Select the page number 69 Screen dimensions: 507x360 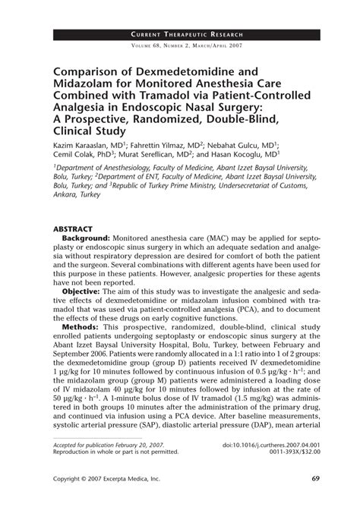click(x=303, y=479)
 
